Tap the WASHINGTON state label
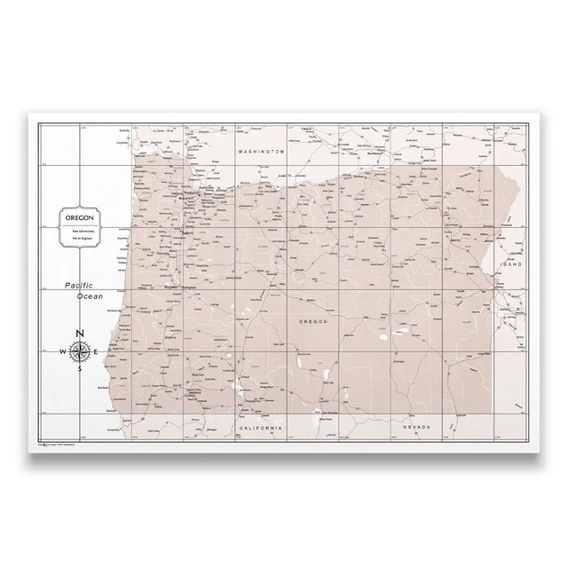coord(260,152)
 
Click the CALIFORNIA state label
coord(261,429)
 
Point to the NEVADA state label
coord(416,429)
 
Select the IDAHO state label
coord(514,264)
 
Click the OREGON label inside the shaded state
coord(313,322)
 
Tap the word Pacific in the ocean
coord(79,285)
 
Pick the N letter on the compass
coord(80,334)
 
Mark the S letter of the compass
coord(80,368)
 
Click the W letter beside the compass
coord(62,351)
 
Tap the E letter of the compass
coord(97,351)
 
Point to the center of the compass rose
coord(80,351)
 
